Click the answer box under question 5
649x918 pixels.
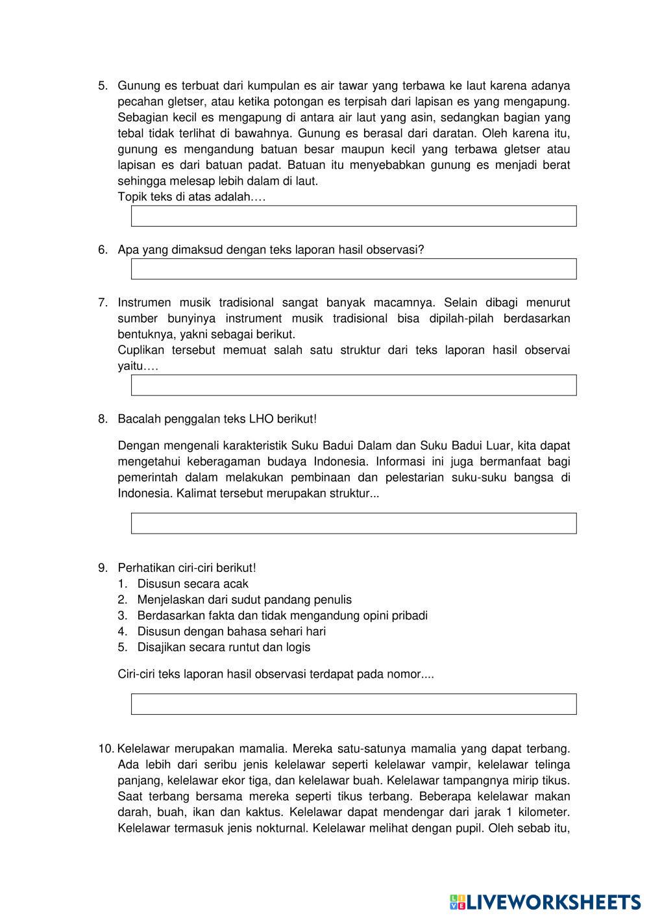[x=354, y=216]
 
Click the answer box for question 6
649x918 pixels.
[x=354, y=269]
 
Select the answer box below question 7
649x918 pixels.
[x=354, y=385]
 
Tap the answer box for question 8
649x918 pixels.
[x=354, y=523]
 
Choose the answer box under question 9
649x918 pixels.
[x=354, y=704]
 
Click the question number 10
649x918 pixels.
[x=106, y=749]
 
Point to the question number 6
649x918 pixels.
[x=103, y=250]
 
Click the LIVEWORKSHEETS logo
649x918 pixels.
[x=545, y=901]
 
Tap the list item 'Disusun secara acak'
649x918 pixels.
[x=193, y=584]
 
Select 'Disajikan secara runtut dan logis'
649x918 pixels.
[x=223, y=647]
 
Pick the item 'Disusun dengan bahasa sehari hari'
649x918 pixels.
[x=231, y=631]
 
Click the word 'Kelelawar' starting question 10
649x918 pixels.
[x=143, y=749]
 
